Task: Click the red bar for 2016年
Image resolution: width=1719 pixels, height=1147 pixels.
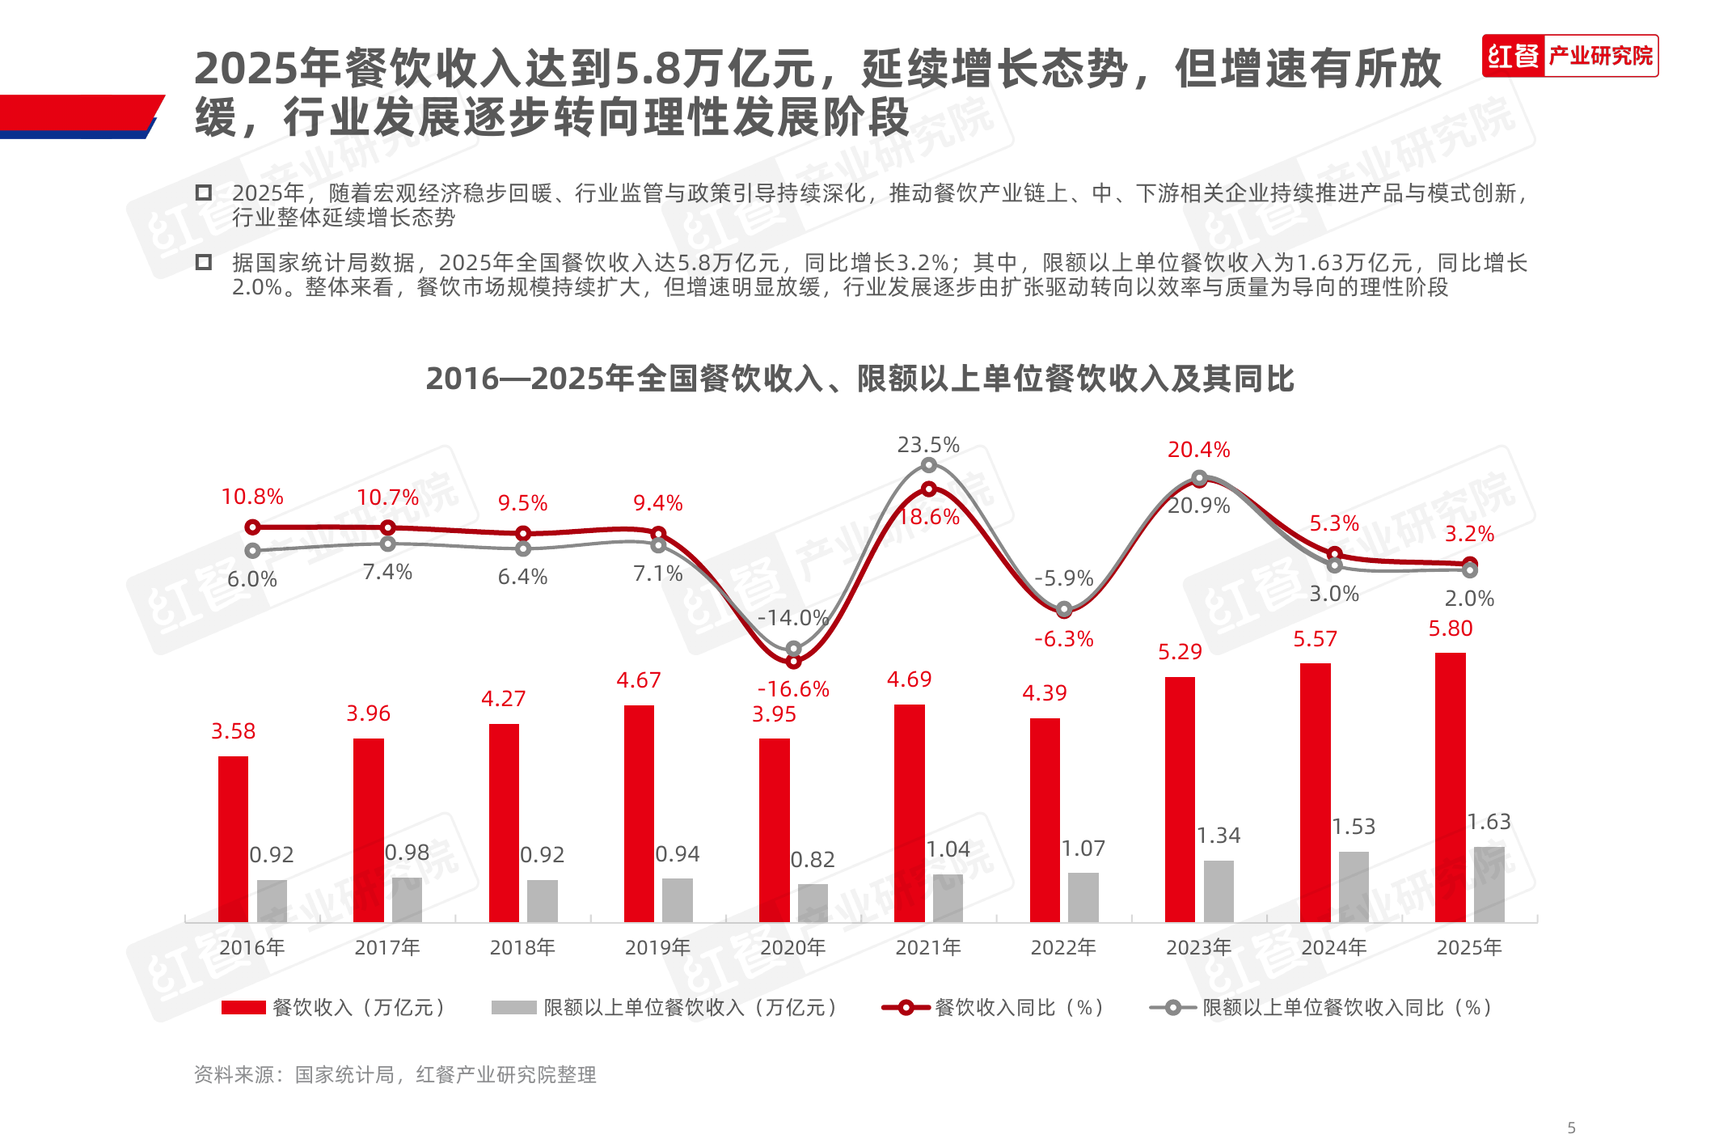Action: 233,839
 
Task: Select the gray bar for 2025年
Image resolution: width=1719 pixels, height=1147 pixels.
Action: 1489,884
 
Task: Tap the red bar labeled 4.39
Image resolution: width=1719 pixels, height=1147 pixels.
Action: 1045,819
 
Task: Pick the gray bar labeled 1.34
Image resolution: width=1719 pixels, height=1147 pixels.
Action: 1219,891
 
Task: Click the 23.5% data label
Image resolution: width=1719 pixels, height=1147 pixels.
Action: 928,445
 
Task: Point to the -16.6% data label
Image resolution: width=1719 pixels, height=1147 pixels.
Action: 793,689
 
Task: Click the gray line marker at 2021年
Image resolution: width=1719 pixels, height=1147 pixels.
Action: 929,465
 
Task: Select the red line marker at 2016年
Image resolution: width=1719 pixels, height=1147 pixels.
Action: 252,527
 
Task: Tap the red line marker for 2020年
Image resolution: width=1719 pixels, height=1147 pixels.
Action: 794,662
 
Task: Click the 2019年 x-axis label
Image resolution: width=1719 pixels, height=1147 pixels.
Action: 657,947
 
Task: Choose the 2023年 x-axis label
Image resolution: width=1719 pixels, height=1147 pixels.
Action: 1198,947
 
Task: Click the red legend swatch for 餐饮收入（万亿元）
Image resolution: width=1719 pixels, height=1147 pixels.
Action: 243,1007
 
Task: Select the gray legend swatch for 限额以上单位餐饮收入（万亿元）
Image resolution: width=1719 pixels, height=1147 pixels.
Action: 513,1007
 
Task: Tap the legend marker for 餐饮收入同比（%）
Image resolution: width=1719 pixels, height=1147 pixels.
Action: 906,1007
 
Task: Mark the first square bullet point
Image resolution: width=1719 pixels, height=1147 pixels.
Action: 204,193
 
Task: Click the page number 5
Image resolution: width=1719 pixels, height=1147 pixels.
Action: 1571,1128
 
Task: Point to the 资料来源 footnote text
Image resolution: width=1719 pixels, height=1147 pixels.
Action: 395,1075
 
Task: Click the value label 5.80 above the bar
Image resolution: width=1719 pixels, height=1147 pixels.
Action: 1451,629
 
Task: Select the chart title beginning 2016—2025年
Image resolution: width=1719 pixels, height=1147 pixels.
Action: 859,379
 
